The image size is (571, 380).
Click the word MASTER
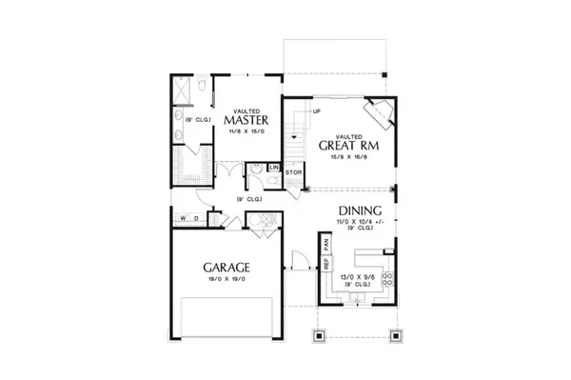246,121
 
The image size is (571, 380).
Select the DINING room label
359,211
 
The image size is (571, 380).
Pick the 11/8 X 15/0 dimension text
246,133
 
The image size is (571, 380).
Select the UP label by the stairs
303,111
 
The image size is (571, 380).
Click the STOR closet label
293,172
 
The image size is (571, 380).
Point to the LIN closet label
273,169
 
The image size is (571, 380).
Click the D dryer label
196,219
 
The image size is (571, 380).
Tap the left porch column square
320,334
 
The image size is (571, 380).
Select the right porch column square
393,334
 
